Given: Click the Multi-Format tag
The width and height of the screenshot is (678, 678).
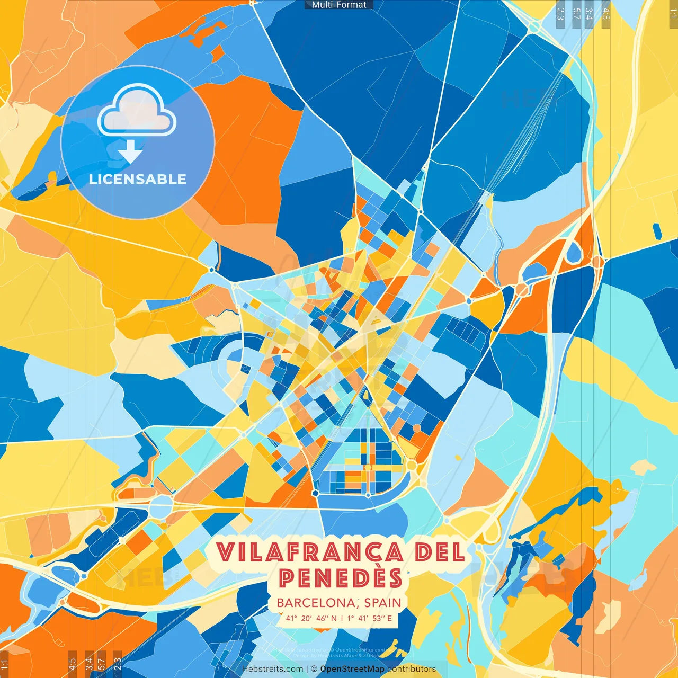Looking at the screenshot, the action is [x=339, y=5].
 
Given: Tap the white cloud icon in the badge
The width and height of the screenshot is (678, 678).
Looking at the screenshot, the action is [x=137, y=112].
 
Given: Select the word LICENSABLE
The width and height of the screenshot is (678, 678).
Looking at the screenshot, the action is [x=138, y=179].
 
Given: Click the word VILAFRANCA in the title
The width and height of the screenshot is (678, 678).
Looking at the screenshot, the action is [x=310, y=552].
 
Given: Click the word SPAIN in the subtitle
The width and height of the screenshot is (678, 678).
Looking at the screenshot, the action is [x=382, y=603].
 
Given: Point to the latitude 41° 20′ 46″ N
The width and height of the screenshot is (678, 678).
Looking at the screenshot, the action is [x=311, y=618].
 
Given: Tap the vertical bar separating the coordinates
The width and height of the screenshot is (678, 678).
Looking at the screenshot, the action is [x=342, y=618].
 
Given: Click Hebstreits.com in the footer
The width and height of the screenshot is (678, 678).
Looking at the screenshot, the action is [x=272, y=669].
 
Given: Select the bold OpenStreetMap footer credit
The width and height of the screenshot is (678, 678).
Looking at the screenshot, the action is [x=352, y=669].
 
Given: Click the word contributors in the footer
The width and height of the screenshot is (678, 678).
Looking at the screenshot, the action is [x=412, y=669].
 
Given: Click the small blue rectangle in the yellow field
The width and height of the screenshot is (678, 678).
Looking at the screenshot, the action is [x=657, y=231].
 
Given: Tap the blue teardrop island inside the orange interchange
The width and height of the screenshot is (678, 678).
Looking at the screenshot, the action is [x=574, y=253].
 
